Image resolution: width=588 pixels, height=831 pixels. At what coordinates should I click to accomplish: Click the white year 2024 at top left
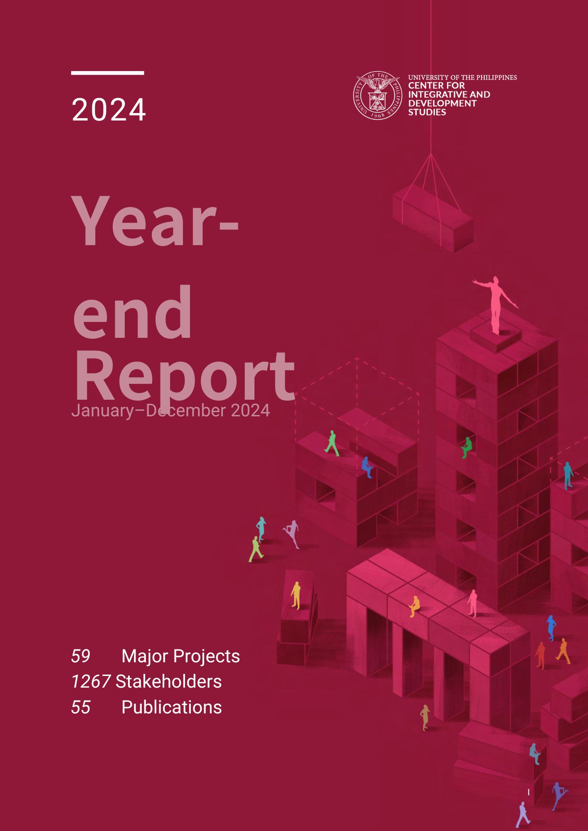[x=109, y=110]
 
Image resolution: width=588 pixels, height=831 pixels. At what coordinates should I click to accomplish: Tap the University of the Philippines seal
[x=378, y=95]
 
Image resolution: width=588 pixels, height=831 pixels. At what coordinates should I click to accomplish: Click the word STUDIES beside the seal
[x=427, y=112]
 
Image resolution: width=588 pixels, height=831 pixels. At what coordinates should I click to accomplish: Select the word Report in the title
[x=184, y=376]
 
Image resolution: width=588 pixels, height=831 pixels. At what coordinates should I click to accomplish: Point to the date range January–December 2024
[x=170, y=411]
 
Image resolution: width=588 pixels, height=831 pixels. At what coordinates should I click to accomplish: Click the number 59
[x=81, y=656]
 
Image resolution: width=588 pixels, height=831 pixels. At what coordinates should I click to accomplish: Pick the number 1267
[x=91, y=681]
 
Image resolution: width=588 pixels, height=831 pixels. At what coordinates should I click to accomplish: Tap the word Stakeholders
[x=168, y=681]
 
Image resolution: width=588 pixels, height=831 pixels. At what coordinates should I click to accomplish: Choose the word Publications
[x=171, y=707]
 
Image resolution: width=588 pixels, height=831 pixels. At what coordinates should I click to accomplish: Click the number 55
[x=81, y=707]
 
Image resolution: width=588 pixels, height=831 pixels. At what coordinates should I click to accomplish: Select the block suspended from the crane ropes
[x=433, y=218]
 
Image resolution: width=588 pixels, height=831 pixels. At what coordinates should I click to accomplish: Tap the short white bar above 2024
[x=108, y=73]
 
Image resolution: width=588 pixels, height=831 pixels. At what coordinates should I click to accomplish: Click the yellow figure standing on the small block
[x=296, y=595]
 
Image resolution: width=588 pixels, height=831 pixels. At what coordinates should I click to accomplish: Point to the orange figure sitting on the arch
[x=414, y=606]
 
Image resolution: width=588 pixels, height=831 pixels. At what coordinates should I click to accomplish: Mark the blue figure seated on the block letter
[x=367, y=467]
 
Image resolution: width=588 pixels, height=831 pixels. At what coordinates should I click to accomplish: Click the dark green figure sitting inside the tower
[x=467, y=447]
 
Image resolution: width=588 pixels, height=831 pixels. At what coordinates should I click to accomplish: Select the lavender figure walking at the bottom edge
[x=523, y=815]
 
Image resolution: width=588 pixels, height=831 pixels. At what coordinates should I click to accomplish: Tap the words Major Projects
[x=180, y=656]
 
